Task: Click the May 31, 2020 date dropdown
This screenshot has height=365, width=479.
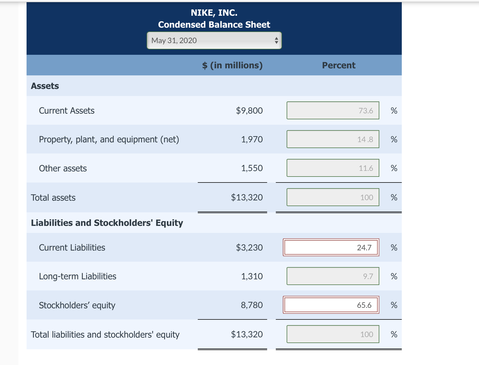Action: [x=214, y=40]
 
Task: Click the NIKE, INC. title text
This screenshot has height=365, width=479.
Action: [x=214, y=13]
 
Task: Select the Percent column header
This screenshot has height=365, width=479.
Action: [x=338, y=65]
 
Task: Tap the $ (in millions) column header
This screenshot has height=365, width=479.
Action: [x=232, y=65]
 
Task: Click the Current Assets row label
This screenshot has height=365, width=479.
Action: [x=67, y=111]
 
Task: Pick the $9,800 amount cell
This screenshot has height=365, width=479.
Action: [x=249, y=111]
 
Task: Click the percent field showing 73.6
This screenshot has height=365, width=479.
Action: [x=333, y=111]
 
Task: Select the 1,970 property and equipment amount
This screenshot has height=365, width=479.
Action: [x=252, y=139]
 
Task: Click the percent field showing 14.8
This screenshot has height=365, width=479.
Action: [x=333, y=139]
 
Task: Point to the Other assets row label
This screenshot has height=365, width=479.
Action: [x=63, y=168]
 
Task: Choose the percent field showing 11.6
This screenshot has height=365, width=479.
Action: [x=333, y=168]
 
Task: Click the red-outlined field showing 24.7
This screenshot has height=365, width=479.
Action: [x=331, y=247]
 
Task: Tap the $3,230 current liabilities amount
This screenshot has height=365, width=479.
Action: [x=249, y=248]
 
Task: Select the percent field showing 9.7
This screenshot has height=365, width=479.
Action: [x=333, y=276]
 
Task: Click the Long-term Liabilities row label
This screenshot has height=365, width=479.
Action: [x=77, y=276]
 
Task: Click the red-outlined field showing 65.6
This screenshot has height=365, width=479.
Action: [x=331, y=305]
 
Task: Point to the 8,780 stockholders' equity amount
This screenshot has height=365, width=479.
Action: [x=252, y=305]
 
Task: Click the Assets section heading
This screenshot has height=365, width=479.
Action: [x=45, y=86]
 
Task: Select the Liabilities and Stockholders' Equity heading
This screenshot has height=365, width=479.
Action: [x=107, y=223]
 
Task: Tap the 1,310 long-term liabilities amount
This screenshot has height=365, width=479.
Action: [x=252, y=276]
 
